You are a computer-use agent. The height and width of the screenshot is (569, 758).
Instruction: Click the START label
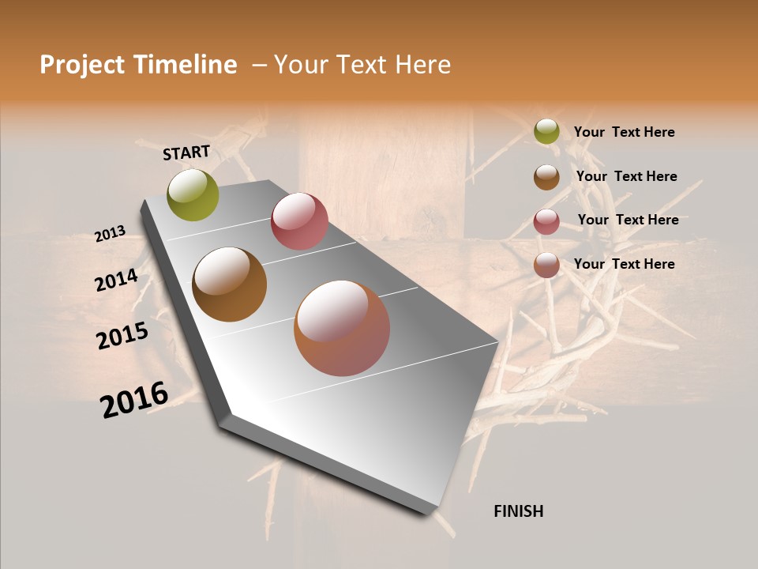coord(186,153)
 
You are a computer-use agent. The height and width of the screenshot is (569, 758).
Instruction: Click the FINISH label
coord(519,511)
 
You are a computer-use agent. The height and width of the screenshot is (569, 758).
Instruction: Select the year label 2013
coord(110,234)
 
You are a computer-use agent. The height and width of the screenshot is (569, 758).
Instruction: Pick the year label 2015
coord(122,336)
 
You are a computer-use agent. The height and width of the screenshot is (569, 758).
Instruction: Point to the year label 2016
coord(134,399)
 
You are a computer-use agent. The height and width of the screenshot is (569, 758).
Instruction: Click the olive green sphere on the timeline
coord(193,194)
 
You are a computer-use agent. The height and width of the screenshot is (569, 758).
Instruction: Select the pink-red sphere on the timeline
coord(299,221)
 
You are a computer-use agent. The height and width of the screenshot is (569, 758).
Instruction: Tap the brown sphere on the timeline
coord(229,284)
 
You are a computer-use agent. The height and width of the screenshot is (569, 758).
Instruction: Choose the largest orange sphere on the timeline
coord(342,328)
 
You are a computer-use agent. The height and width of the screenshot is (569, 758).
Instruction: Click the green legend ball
coord(546,132)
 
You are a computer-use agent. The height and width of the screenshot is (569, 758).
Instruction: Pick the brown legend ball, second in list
coord(546,177)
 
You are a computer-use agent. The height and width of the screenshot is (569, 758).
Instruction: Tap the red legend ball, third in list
coord(546,221)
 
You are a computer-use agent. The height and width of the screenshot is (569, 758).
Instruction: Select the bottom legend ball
coord(546,265)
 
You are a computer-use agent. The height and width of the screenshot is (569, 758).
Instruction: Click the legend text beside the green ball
coord(624,132)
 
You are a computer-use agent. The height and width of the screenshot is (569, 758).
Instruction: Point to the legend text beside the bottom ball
coord(624,264)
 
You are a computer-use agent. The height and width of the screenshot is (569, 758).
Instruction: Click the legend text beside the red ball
coord(628,220)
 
